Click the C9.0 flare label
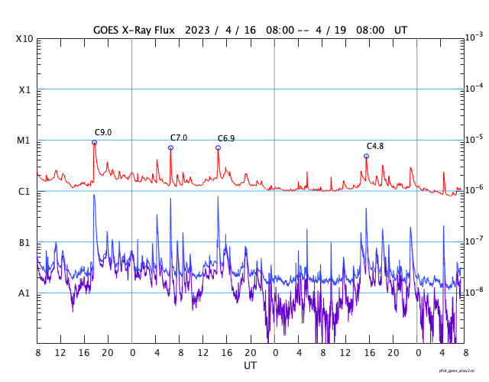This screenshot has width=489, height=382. point(103,132)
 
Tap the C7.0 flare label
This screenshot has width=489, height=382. point(179,138)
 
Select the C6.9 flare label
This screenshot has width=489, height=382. point(226,138)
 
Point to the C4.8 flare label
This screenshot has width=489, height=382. point(375,146)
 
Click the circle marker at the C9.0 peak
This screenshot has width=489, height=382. point(94,142)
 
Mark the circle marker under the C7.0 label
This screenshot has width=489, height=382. point(170,147)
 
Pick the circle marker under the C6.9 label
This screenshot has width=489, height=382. point(218,147)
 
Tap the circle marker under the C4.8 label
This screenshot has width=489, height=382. point(366,156)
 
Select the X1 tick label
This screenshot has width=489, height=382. point(24,89)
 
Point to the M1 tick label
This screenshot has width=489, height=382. point(24,141)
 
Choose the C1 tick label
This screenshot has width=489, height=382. point(24,191)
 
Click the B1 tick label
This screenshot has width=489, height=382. point(24,242)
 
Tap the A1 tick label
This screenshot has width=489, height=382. point(24,293)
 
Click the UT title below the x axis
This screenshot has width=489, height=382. point(251,366)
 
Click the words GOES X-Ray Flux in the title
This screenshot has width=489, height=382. point(134,30)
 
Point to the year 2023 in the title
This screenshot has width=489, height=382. point(196,30)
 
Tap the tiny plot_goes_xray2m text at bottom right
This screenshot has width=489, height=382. point(456,371)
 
